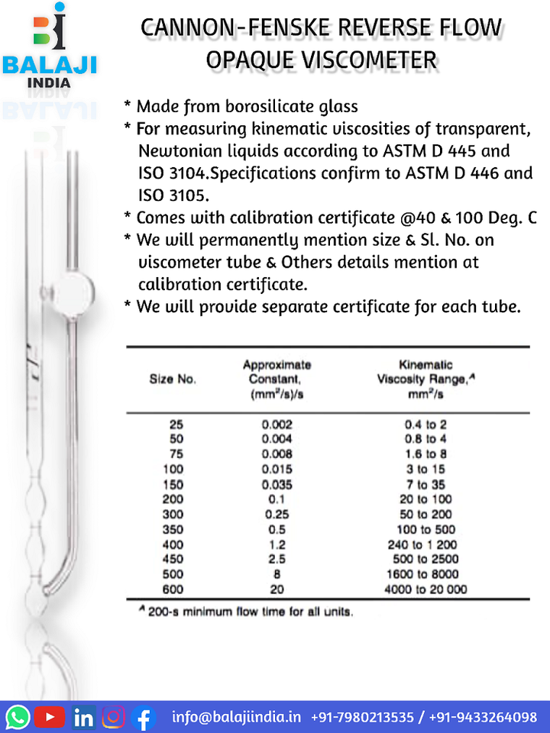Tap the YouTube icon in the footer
point(50,717)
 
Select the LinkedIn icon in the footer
point(83,717)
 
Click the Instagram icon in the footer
point(114,717)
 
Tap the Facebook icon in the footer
point(144,717)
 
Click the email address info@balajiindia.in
point(236,717)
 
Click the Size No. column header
point(172,379)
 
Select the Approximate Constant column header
point(277,379)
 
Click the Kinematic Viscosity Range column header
point(425,379)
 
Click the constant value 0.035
point(277,484)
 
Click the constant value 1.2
point(277,544)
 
